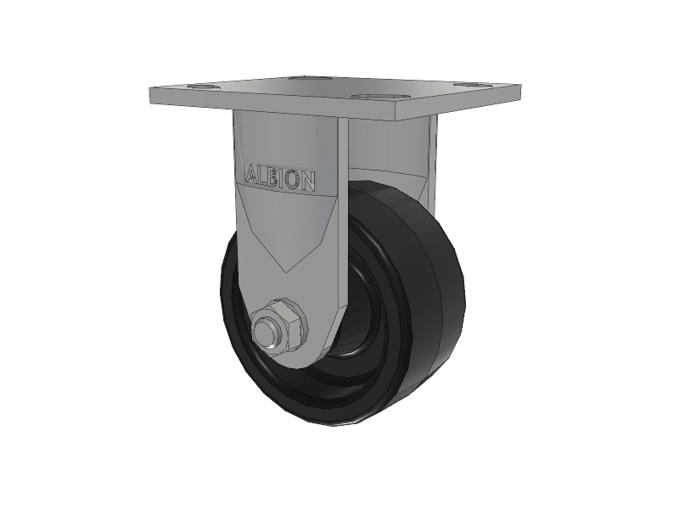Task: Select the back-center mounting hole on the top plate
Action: click(308, 79)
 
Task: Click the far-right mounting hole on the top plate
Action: click(473, 85)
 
